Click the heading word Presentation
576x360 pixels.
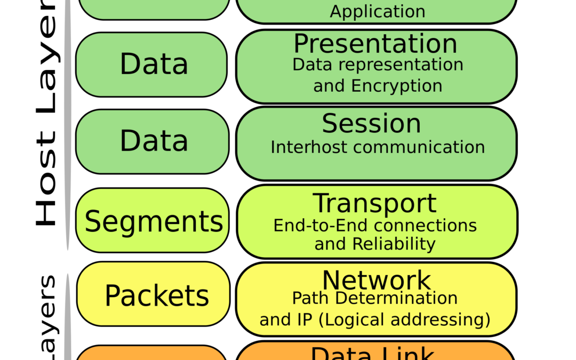pos(375,44)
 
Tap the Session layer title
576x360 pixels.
pos(371,124)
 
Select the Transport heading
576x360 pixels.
pos(374,204)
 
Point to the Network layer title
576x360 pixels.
pos(377,280)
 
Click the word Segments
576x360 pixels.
pos(154,221)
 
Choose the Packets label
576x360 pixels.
pos(156,295)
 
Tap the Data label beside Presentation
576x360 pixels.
pos(154,64)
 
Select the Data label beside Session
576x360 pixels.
pos(154,141)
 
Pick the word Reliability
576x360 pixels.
pos(394,244)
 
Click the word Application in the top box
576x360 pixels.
pos(378,11)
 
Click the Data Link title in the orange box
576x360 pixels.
pos(373,354)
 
